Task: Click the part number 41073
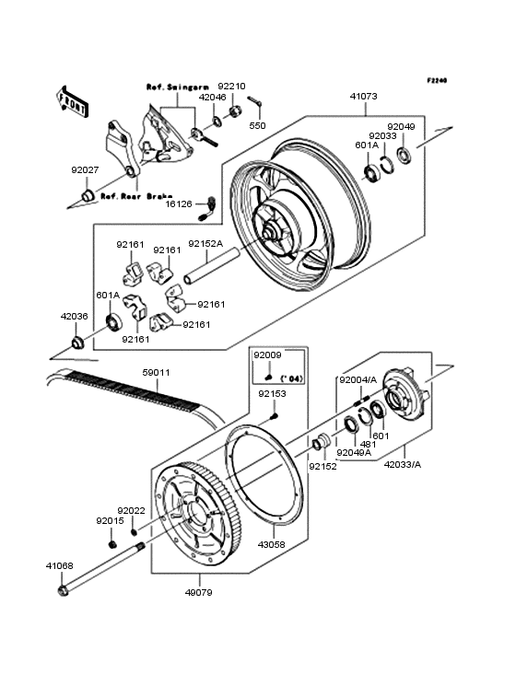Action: pos(364,96)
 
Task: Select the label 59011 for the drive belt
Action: pos(157,374)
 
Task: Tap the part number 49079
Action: pos(198,592)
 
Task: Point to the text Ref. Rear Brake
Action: pos(133,196)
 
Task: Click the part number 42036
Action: pos(75,315)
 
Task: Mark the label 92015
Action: pos(110,520)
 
